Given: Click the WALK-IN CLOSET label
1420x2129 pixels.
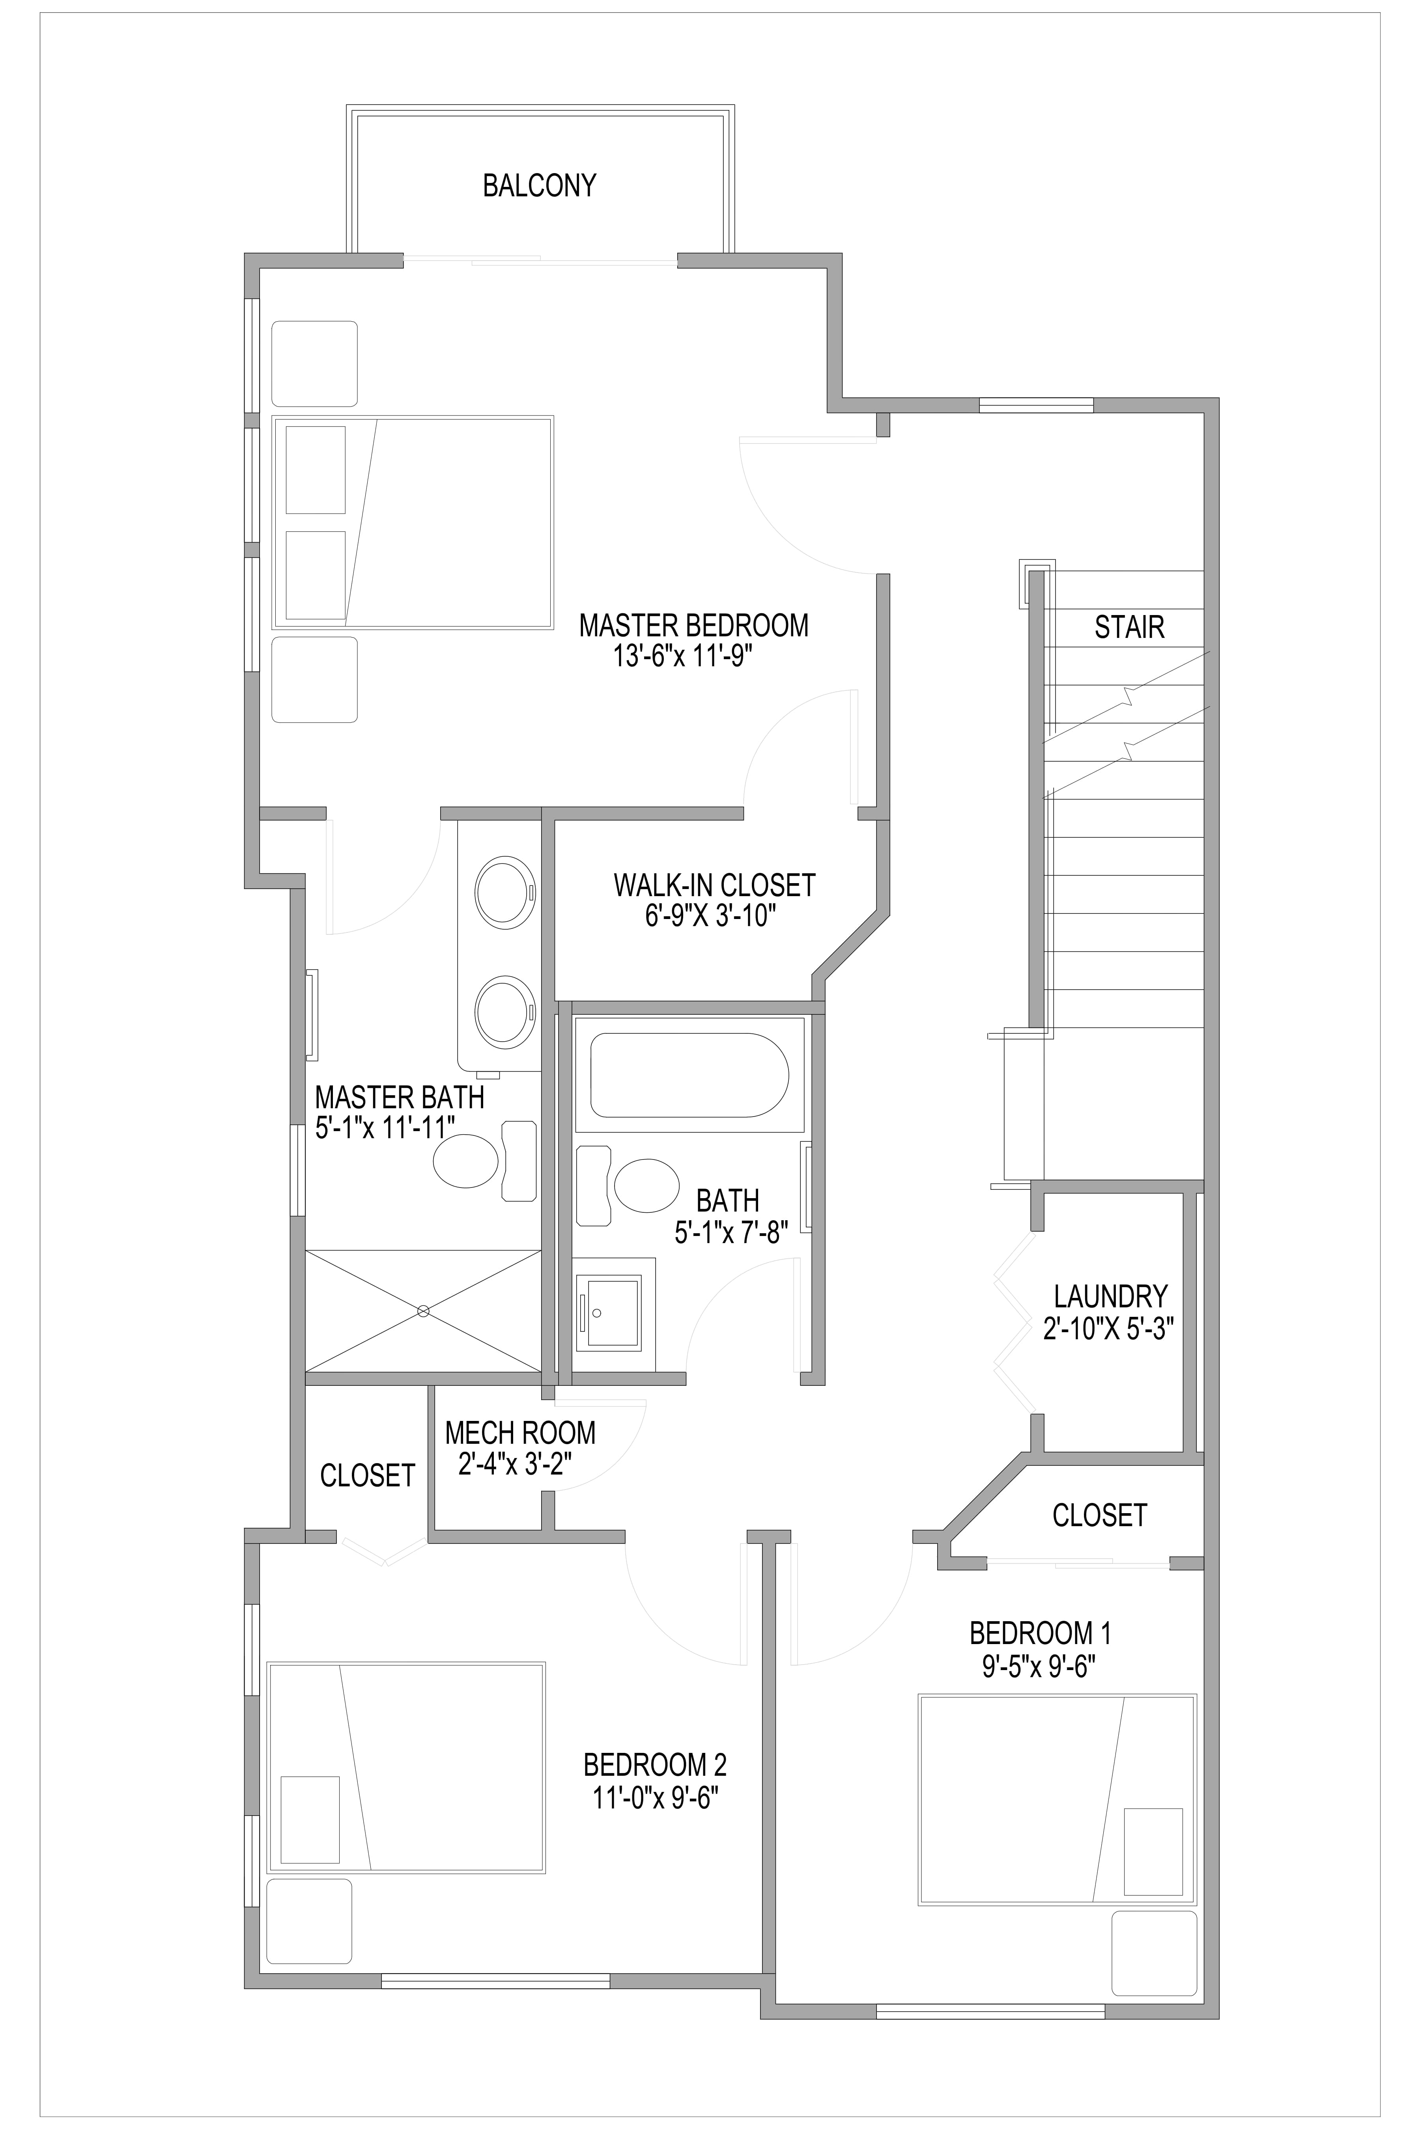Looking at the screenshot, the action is point(714,884).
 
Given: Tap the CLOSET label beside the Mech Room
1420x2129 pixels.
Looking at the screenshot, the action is point(367,1475).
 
